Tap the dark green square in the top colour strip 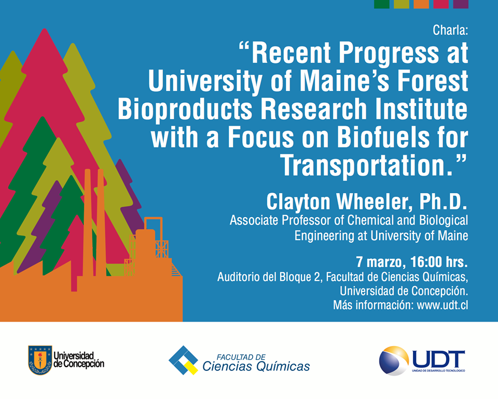[x=382, y=4]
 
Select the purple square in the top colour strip [x=461, y=4]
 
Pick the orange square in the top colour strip [x=421, y=4]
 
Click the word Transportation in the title [x=363, y=165]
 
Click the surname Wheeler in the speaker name [x=374, y=202]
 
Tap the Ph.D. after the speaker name [x=443, y=202]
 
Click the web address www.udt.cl [x=442, y=305]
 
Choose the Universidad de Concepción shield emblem [x=40, y=360]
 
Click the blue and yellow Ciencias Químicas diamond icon [x=183, y=360]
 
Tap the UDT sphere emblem [x=394, y=361]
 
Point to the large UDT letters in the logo [x=438, y=359]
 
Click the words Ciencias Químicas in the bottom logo [x=256, y=367]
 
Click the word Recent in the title [x=291, y=53]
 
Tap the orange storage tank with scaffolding [x=146, y=245]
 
